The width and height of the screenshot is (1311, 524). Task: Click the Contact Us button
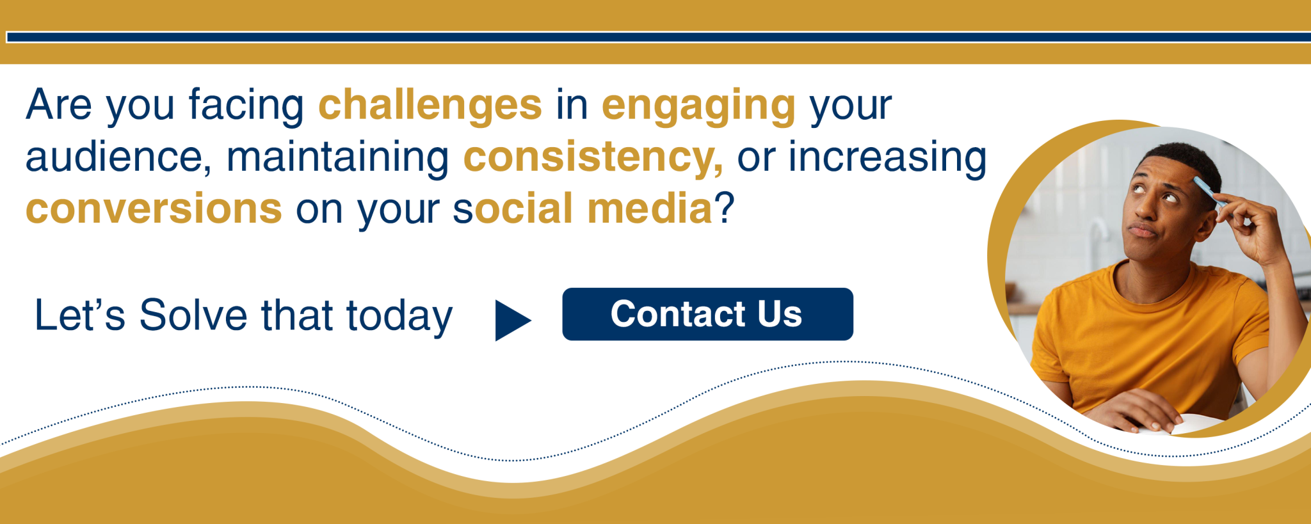click(707, 314)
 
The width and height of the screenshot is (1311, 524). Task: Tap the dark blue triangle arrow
click(513, 320)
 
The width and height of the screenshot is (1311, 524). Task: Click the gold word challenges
click(430, 106)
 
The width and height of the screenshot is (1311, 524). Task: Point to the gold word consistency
click(593, 157)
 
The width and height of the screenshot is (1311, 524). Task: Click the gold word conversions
click(154, 209)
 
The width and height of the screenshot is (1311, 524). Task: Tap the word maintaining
click(337, 157)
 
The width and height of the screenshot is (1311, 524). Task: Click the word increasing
click(887, 157)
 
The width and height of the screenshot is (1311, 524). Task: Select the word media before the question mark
click(649, 209)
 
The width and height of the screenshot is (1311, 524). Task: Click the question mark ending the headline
click(724, 209)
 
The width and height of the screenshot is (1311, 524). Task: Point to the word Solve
click(193, 315)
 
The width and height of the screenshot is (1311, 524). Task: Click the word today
click(399, 317)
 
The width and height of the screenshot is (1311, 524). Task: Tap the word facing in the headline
click(246, 106)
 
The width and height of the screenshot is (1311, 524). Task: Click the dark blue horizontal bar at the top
click(659, 37)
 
